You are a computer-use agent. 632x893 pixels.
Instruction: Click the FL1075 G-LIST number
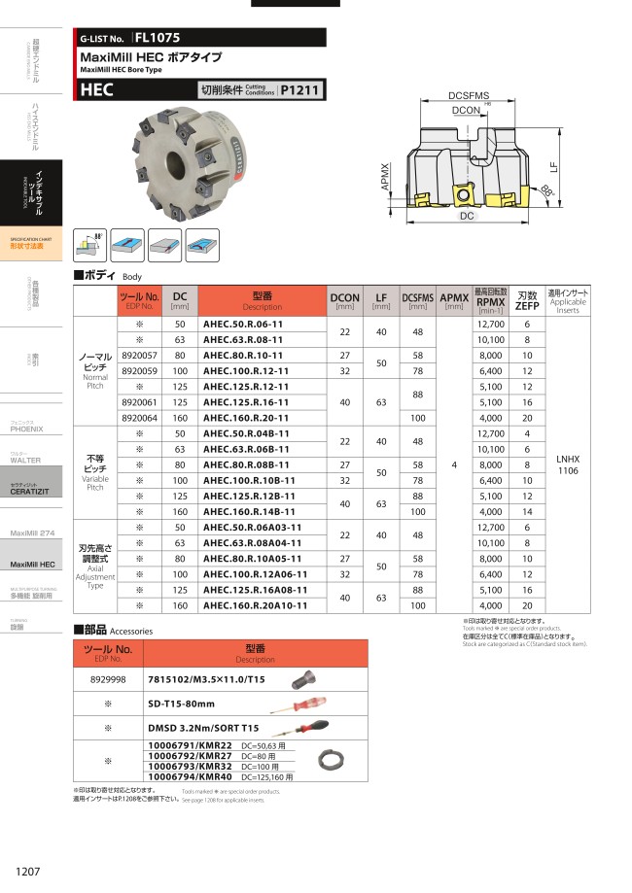point(158,40)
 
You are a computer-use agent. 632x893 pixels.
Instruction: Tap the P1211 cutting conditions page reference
point(300,90)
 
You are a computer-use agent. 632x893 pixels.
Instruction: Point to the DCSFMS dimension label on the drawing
point(469,95)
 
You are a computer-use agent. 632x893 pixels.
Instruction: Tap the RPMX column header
point(491,301)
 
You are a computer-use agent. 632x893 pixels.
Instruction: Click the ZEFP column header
point(527,301)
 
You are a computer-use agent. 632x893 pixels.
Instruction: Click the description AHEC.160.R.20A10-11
point(252,605)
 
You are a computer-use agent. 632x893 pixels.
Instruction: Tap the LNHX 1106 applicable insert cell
point(569,464)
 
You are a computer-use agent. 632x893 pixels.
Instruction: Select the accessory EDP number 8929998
point(109,677)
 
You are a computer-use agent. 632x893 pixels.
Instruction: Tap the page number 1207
point(28,871)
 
